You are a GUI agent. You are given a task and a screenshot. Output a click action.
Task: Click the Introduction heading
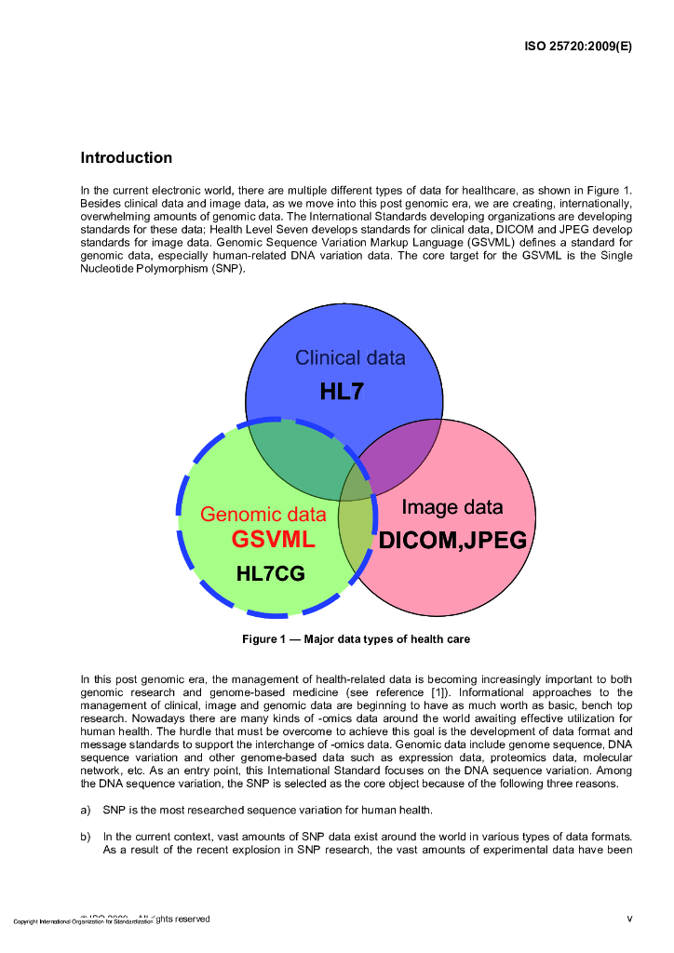point(126,158)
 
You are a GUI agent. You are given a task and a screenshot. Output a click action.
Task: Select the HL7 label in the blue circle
point(342,392)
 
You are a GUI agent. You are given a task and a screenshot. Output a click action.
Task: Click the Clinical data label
point(350,357)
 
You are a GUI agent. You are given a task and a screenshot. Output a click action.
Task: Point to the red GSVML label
point(273,540)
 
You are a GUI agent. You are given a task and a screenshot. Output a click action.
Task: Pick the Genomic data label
point(263,515)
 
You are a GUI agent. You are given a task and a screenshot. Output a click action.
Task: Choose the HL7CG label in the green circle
point(270,574)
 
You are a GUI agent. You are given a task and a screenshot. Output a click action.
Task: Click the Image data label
point(452,507)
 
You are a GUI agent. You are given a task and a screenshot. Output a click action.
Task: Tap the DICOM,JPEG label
point(452,541)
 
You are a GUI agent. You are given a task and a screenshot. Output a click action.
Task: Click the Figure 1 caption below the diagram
point(356,639)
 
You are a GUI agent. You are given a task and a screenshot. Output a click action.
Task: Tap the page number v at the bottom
point(629,919)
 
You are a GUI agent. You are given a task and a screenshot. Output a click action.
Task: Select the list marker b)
point(87,835)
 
